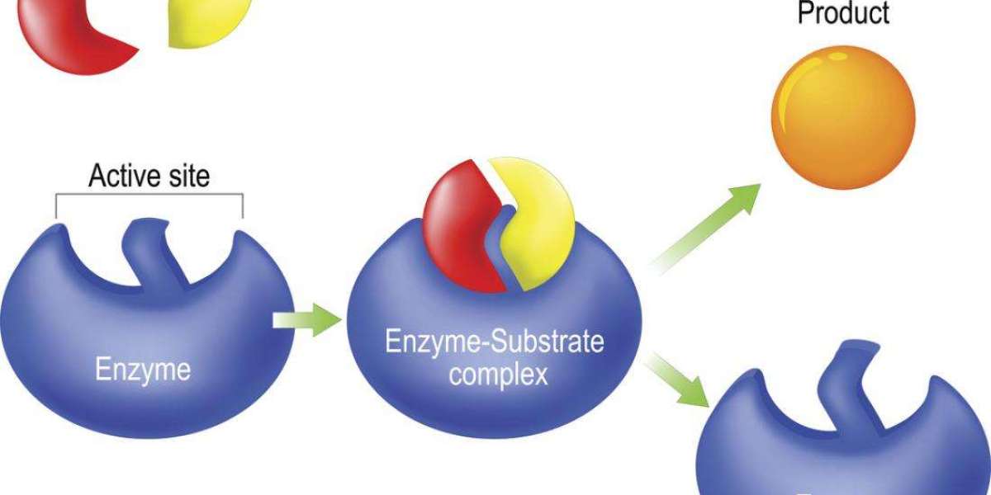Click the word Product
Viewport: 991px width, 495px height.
click(843, 14)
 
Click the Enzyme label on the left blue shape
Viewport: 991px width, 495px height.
click(142, 369)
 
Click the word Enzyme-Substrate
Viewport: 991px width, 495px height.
click(495, 342)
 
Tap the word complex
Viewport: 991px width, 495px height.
click(495, 375)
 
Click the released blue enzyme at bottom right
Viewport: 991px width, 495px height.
click(842, 437)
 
